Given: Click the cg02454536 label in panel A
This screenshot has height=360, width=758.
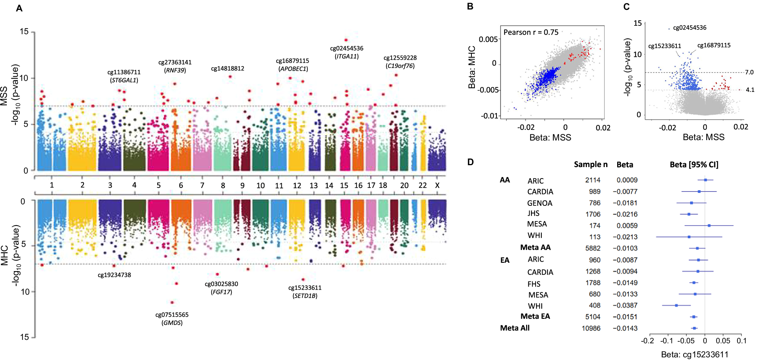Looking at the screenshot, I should coord(347,49).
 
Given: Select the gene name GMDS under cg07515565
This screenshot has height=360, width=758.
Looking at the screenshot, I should coord(172,323).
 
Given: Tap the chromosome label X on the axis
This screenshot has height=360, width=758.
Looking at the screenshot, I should coord(437,185).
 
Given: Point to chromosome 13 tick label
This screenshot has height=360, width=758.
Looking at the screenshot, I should coord(314,185).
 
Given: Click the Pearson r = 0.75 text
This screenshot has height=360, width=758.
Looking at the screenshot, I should coord(531,32).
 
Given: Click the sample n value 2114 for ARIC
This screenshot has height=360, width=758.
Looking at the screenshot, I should coord(593,180).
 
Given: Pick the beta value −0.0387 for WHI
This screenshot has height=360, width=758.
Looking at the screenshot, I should coord(625,305).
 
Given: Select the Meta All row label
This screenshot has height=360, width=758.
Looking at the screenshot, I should coord(514,328).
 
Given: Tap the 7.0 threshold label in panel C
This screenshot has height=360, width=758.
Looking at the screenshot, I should coord(749,72).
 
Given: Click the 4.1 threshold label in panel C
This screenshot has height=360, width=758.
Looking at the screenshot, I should coord(750,90).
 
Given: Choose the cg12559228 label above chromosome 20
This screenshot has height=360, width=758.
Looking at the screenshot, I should coord(400,58).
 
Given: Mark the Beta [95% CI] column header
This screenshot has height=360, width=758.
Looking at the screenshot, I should coord(694,164).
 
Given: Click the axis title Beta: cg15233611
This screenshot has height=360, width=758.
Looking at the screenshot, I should coord(694,354).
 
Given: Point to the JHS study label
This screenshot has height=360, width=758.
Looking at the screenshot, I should coord(533,213).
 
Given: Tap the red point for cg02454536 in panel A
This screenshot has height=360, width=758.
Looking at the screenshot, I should coord(346,40).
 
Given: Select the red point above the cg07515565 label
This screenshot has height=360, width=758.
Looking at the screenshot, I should coord(172,302).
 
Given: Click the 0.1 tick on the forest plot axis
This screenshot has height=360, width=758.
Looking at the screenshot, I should coord(741,341).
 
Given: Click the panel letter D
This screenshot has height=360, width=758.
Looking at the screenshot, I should coord(470,162).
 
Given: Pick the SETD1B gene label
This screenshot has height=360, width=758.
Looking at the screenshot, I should coord(305,296).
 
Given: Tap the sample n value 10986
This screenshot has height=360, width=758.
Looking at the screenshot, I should coord(591,328).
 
